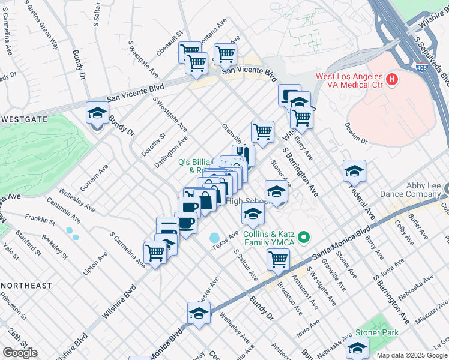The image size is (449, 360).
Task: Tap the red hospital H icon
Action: point(392,79)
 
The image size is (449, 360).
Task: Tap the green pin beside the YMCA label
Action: point(304,238)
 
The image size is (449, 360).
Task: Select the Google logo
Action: point(20,353)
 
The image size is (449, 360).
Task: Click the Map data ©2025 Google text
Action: point(412,355)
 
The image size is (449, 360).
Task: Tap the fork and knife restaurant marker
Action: point(243,154)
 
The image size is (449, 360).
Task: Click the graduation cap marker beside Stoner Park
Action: point(357,347)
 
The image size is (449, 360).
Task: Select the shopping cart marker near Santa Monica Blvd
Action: point(278,259)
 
